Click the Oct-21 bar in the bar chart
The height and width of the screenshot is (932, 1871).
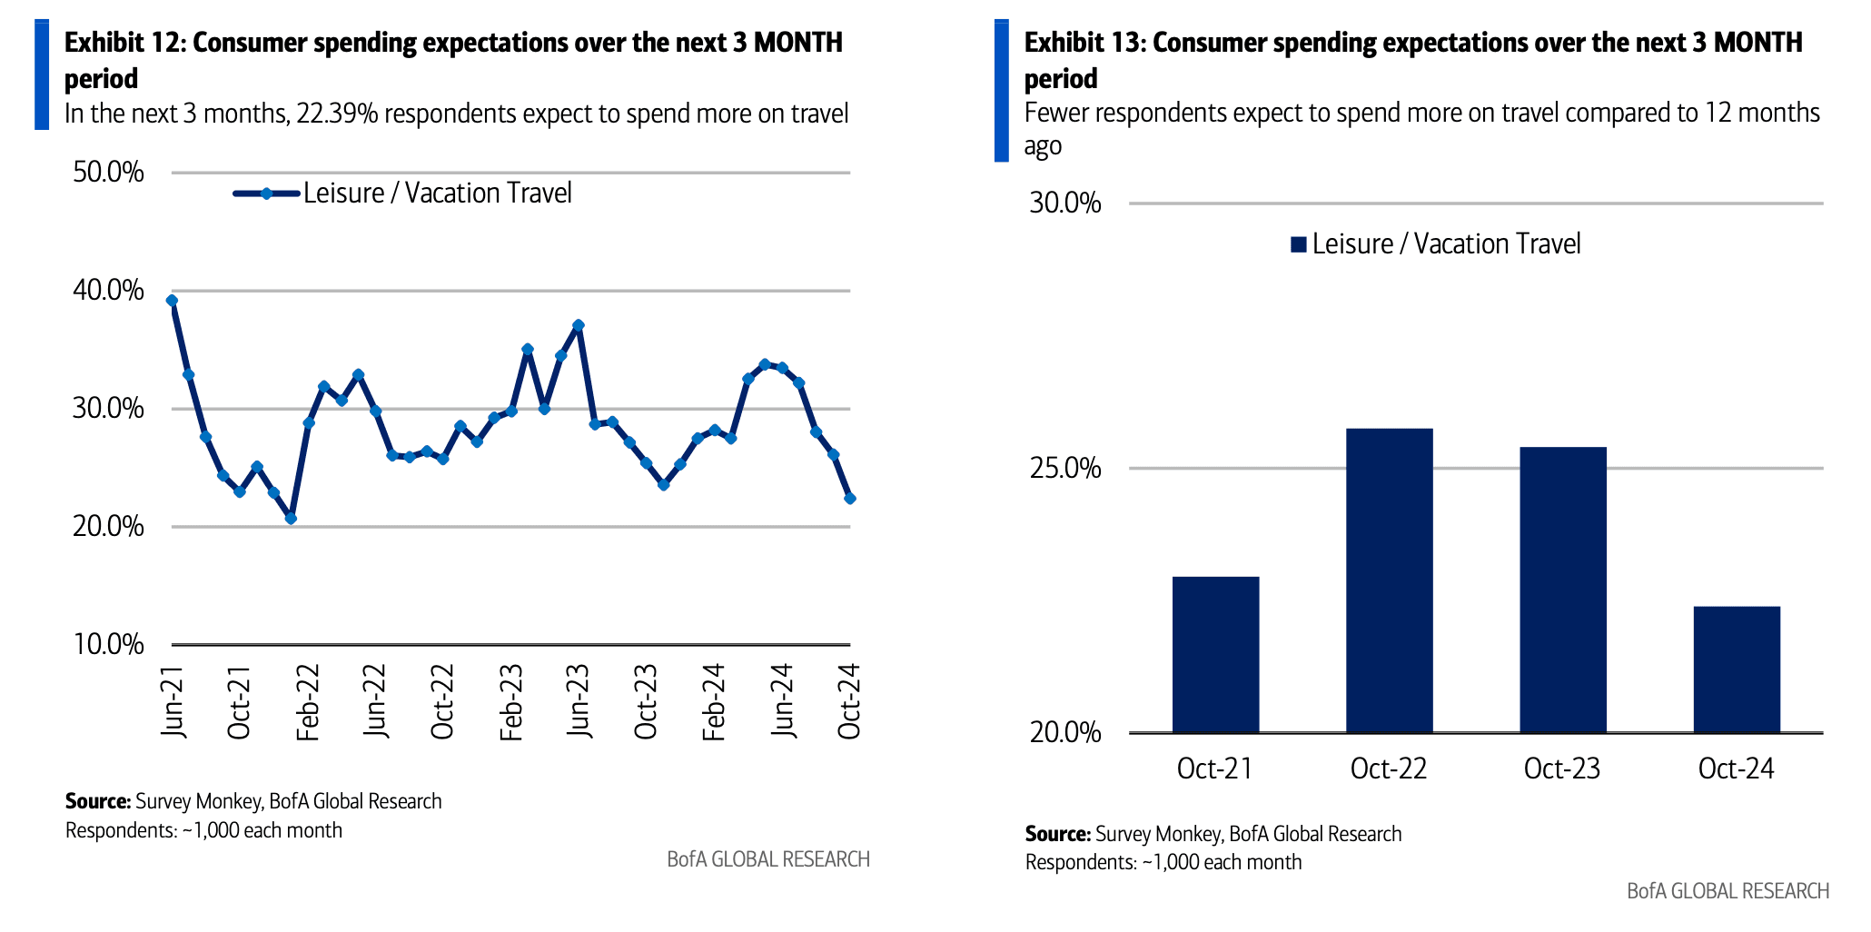[x=1215, y=654]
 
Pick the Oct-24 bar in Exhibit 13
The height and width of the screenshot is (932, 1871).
[x=1736, y=669]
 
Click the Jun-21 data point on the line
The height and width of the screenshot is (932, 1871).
[x=172, y=301]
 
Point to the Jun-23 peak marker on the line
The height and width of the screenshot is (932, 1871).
[x=579, y=325]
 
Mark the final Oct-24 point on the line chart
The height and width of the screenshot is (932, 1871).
[x=850, y=499]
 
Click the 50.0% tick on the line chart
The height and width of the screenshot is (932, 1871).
[x=108, y=172]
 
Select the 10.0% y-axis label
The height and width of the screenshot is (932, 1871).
[x=108, y=644]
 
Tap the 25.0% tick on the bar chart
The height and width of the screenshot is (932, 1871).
[x=1064, y=469]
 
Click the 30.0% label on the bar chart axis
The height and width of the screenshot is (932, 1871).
[x=1064, y=203]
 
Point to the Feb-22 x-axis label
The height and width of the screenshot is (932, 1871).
[x=308, y=702]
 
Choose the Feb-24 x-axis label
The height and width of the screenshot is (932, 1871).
[x=714, y=702]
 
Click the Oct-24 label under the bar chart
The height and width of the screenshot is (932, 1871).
[x=1736, y=768]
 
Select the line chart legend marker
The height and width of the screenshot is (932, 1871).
[x=266, y=193]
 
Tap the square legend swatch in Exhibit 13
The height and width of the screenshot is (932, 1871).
[x=1298, y=244]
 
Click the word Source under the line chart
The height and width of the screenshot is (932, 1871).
[x=97, y=801]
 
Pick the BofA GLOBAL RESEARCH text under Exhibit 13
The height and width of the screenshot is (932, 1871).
[x=1727, y=891]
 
